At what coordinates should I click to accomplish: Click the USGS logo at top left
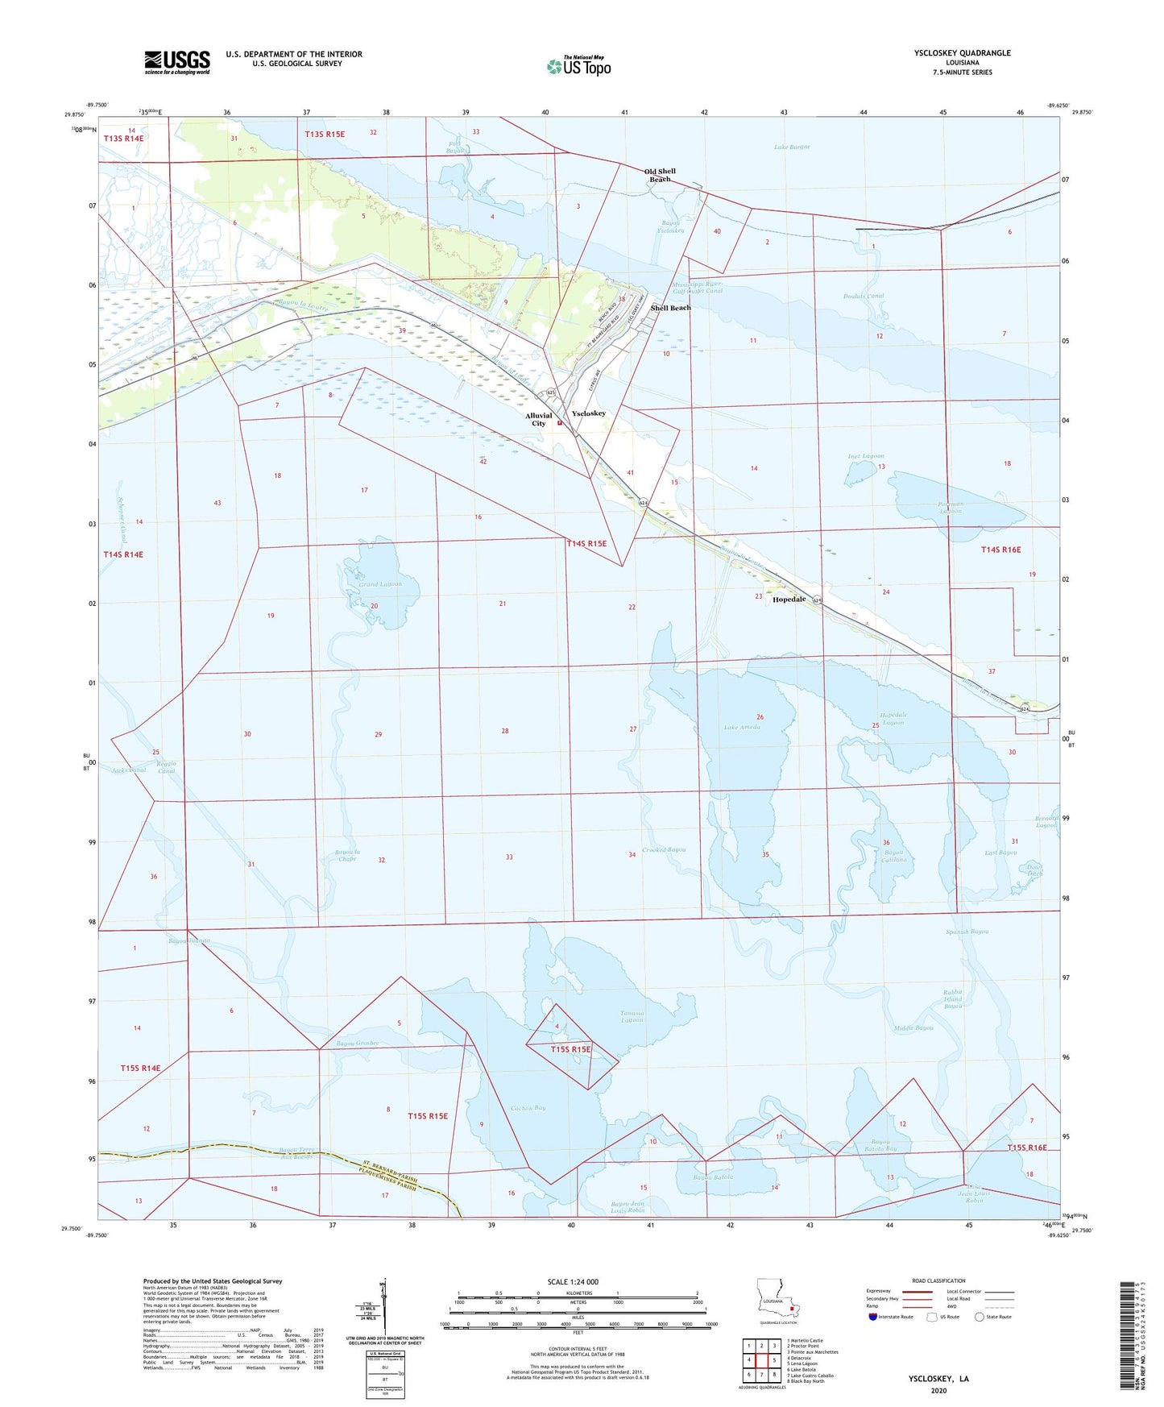tap(176, 62)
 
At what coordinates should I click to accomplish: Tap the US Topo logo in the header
tap(578, 66)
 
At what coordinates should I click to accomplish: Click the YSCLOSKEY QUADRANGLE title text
tap(962, 53)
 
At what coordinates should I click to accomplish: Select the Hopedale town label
tap(789, 600)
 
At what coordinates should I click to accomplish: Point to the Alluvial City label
tap(539, 419)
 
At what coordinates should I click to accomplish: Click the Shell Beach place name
tap(670, 308)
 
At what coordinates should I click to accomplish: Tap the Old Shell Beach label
tap(660, 175)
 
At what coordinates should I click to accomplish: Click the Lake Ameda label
tap(741, 728)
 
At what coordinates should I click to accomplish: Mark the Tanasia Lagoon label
tap(632, 1017)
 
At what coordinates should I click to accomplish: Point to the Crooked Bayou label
tap(665, 850)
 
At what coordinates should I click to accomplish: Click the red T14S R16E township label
tap(1000, 550)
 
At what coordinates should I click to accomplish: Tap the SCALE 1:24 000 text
tap(573, 1282)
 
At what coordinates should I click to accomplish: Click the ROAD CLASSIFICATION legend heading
tap(938, 1280)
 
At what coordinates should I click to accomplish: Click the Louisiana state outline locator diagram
tap(777, 1298)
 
